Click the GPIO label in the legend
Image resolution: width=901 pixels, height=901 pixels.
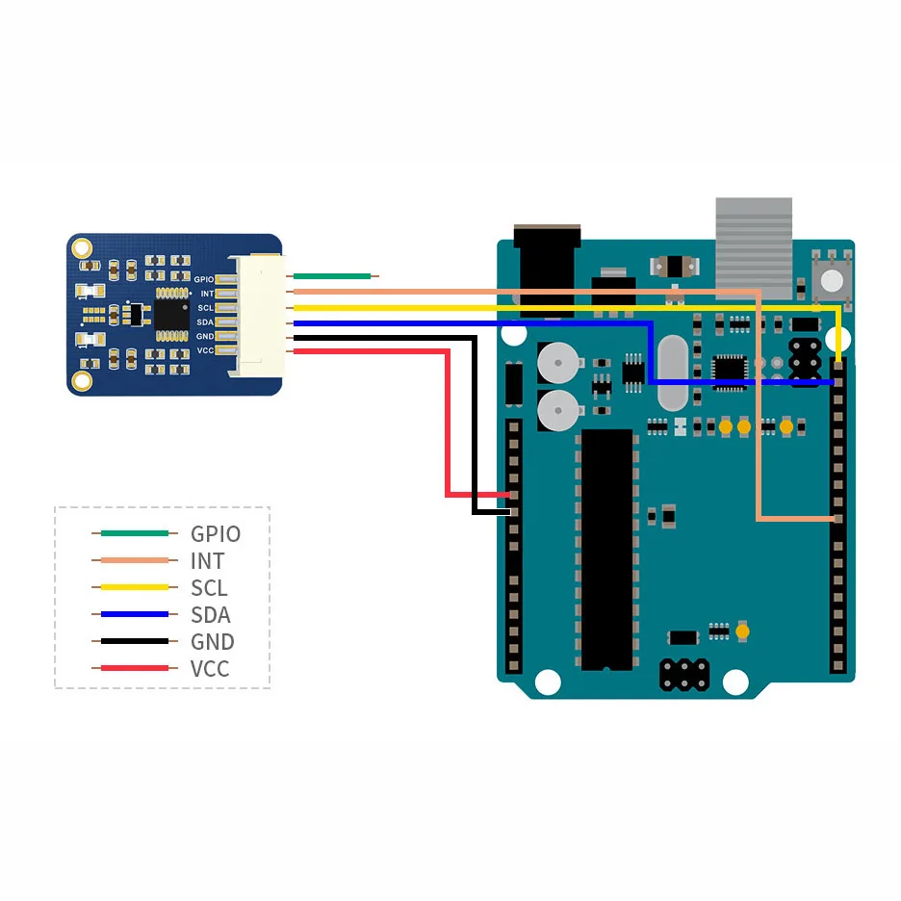click(x=215, y=534)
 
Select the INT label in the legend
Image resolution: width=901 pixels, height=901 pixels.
click(x=207, y=561)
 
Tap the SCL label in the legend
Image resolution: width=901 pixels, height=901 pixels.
click(x=209, y=588)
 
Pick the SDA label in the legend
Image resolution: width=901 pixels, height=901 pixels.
click(x=210, y=615)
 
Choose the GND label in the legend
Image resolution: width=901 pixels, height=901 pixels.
click(x=212, y=642)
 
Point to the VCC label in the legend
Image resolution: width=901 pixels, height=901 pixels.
click(x=210, y=669)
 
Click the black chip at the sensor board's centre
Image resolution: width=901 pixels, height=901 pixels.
click(x=170, y=314)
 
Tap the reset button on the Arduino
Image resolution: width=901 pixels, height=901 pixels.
click(x=833, y=279)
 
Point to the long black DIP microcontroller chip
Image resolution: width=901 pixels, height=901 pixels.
click(x=606, y=549)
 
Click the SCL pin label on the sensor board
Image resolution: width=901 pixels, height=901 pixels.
click(x=205, y=308)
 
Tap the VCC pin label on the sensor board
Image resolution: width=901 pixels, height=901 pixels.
click(x=205, y=350)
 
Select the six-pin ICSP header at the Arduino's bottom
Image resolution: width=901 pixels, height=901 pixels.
click(x=684, y=673)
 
